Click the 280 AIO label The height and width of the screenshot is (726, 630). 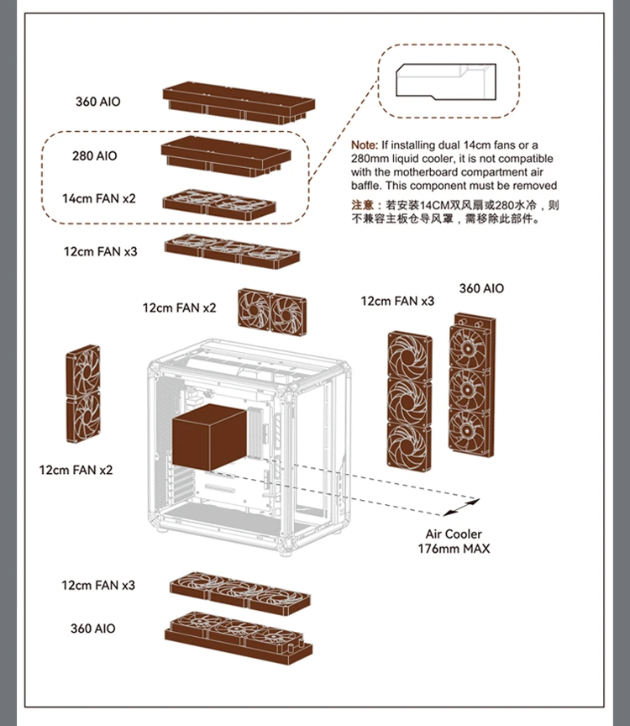[95, 156]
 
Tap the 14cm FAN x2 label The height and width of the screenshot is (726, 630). [98, 199]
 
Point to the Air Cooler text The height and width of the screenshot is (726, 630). [454, 534]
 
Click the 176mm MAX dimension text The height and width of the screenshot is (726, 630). [454, 549]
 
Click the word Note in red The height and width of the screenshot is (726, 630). [364, 145]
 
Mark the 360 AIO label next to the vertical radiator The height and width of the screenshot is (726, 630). [481, 288]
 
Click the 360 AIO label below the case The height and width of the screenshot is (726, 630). [93, 629]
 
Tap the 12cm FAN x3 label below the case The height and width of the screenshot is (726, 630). [97, 585]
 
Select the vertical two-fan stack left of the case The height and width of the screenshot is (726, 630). [83, 395]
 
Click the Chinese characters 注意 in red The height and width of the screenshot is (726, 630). [362, 205]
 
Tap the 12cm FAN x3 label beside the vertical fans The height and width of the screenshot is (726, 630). [397, 301]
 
